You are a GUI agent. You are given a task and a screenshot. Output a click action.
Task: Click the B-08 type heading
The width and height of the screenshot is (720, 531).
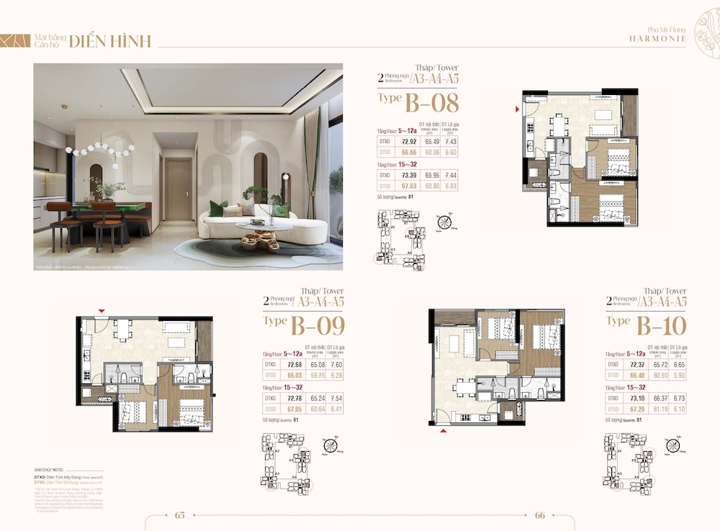tap(419, 102)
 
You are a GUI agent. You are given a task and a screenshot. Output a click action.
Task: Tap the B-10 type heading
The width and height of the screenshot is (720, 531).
tap(647, 325)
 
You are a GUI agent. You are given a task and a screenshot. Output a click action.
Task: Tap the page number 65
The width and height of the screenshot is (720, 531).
tap(181, 515)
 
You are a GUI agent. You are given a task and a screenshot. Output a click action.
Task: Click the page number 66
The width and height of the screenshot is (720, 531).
tap(540, 515)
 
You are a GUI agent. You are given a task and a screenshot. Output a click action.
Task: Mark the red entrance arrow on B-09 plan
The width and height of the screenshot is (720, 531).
tap(102, 311)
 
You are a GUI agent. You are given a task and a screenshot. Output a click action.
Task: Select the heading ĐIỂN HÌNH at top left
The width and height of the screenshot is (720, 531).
tap(110, 42)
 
